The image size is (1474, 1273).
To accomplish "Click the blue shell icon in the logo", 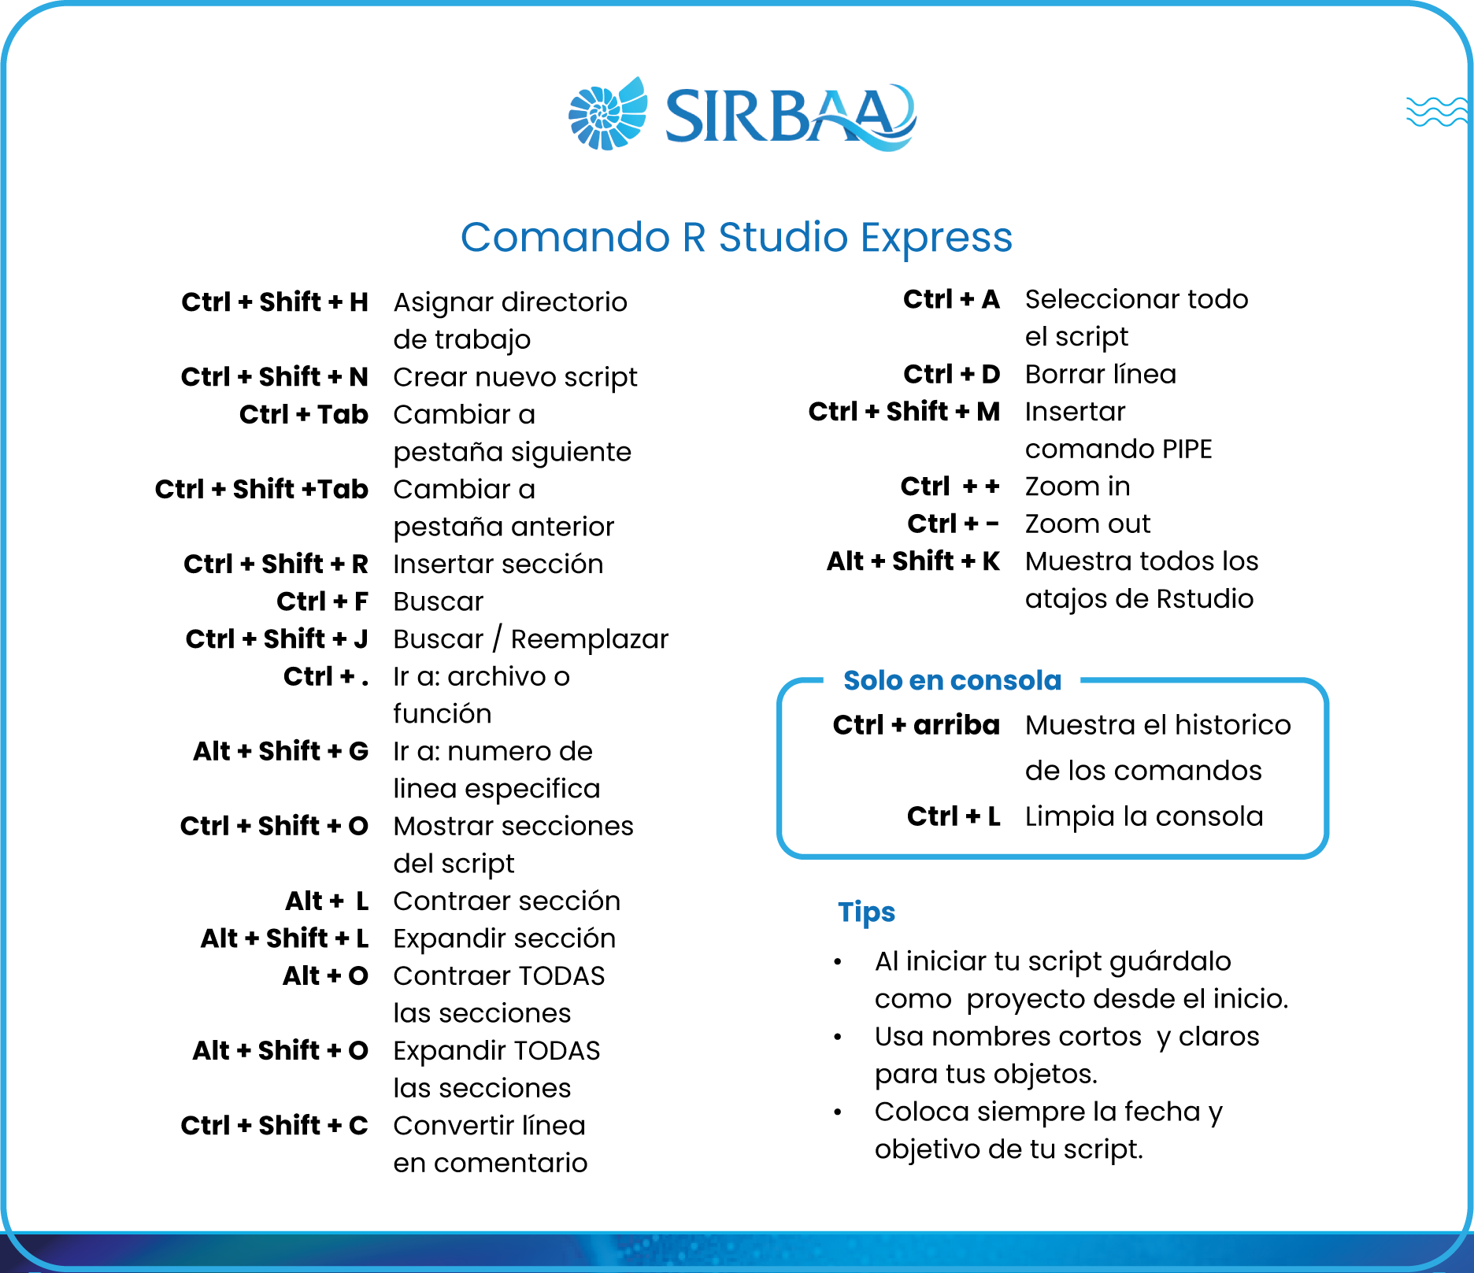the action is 608,113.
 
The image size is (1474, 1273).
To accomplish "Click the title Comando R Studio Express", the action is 736,237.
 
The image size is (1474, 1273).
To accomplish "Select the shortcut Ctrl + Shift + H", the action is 275,302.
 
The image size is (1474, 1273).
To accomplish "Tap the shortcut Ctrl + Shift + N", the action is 275,376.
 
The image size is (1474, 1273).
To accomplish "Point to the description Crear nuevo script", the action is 515,378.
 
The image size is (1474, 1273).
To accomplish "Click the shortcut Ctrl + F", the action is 322,601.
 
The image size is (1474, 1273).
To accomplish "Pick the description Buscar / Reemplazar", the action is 531,639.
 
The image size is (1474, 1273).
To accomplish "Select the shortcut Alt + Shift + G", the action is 281,751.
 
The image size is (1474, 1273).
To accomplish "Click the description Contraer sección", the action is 507,901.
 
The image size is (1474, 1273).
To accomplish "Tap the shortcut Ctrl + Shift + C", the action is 275,1125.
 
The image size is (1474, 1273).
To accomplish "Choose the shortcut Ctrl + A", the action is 951,299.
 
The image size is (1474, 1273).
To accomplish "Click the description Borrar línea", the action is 1101,374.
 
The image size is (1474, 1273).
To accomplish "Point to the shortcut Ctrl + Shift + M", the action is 904,411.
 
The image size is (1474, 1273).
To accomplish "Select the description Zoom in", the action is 1077,487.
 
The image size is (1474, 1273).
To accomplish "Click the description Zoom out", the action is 1087,524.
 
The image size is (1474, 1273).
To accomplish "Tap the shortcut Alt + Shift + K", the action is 913,561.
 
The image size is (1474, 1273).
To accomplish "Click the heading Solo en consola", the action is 952,680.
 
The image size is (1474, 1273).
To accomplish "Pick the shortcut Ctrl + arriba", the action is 917,724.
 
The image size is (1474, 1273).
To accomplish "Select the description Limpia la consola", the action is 1144,816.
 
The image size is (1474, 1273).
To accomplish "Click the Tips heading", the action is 866,912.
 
